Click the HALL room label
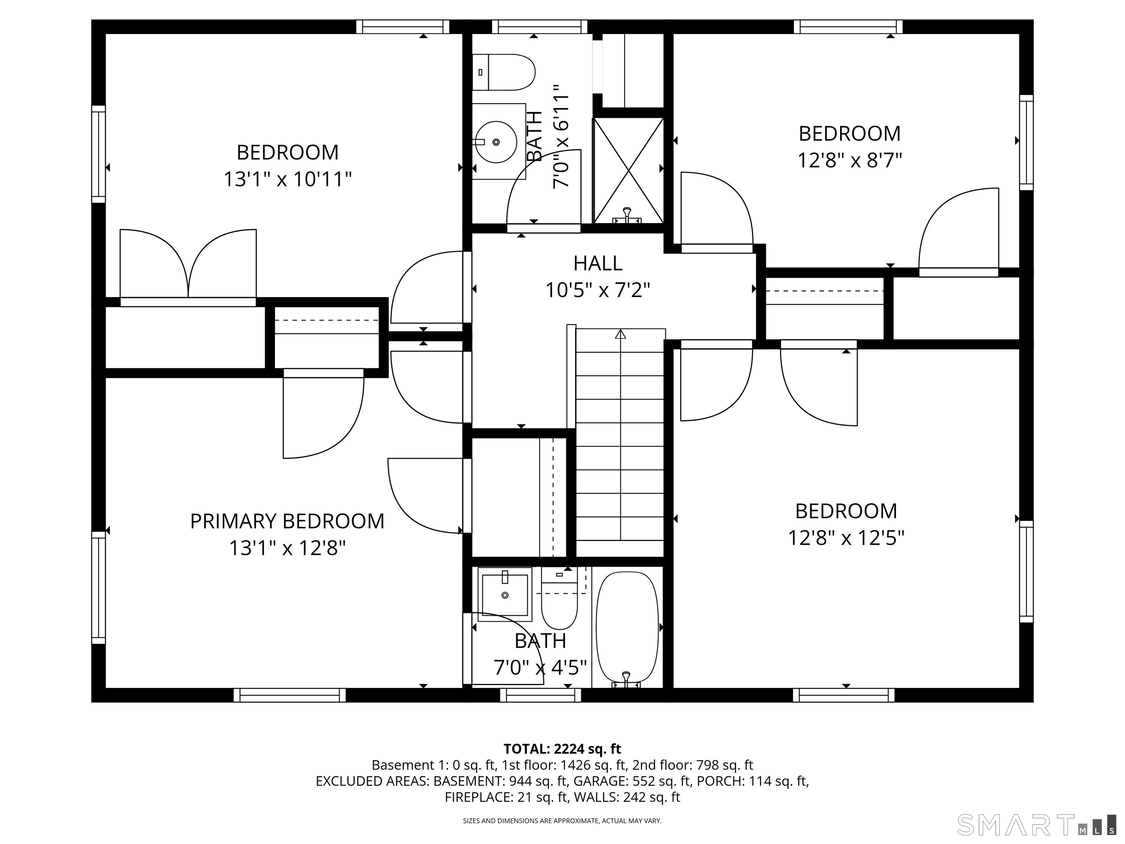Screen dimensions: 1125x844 click(x=598, y=263)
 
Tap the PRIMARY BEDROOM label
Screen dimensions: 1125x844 click(x=287, y=522)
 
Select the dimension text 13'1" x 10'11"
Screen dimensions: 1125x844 click(x=288, y=179)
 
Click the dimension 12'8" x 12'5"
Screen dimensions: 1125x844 click(x=846, y=538)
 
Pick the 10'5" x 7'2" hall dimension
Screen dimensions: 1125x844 click(x=598, y=290)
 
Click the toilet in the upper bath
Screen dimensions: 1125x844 click(x=504, y=72)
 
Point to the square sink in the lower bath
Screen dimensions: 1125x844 click(x=505, y=594)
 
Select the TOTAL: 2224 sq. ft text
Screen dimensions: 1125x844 click(x=562, y=749)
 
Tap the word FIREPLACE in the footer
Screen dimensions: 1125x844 click(x=478, y=797)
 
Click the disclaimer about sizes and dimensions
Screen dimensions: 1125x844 click(x=562, y=821)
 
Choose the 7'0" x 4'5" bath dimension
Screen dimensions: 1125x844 click(x=540, y=667)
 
